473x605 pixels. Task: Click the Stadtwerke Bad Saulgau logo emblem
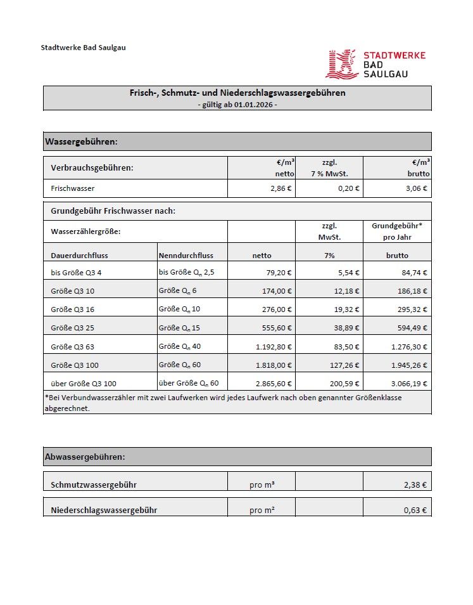point(343,65)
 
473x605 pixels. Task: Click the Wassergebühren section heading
point(81,141)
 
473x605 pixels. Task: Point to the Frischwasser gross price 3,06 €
point(416,188)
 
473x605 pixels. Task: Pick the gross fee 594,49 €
point(412,328)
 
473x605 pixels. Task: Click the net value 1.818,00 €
point(274,365)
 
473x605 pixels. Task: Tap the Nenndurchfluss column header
point(186,256)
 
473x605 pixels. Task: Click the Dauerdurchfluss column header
point(79,256)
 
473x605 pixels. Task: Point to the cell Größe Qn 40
point(179,346)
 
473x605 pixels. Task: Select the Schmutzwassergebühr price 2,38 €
point(416,485)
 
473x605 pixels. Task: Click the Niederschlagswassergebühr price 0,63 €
point(416,510)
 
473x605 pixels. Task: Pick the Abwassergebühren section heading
point(84,457)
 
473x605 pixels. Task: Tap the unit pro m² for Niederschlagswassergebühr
point(262,510)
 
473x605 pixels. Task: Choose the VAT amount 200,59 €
point(346,384)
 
